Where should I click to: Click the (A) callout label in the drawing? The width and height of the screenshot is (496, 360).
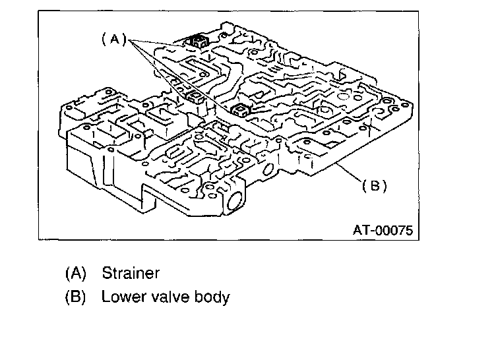113,39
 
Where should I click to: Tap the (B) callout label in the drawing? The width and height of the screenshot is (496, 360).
374,186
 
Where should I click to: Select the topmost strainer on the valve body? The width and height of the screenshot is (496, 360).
197,43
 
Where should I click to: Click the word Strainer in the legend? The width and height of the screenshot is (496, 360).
131,273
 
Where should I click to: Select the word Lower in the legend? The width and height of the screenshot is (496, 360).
121,297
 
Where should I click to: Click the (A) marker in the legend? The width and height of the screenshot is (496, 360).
75,273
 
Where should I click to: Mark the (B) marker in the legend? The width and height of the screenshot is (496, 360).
75,297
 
